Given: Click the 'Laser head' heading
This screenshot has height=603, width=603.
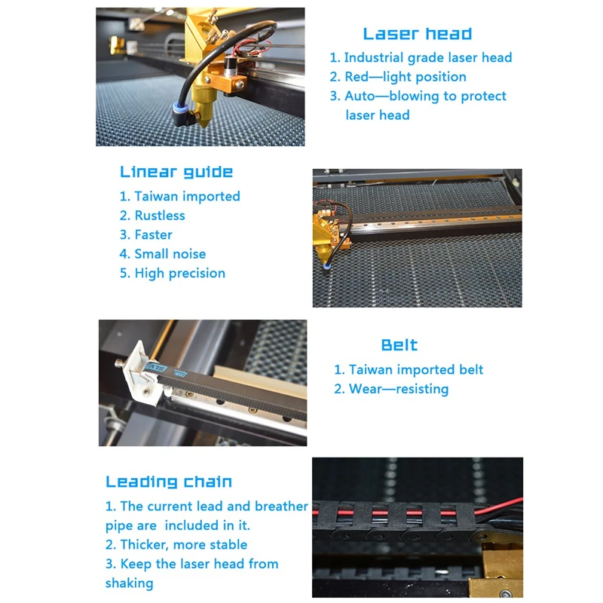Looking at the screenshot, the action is (418, 34).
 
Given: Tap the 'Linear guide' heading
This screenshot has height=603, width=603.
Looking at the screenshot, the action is (176, 172).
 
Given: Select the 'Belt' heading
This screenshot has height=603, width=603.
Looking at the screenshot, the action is (399, 345).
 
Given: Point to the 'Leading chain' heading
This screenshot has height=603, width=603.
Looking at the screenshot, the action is (169, 482).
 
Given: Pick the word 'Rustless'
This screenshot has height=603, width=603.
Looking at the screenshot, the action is (160, 216).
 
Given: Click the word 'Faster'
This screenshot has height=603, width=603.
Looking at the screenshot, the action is (154, 234).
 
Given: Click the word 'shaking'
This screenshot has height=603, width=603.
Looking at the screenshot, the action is (129, 583).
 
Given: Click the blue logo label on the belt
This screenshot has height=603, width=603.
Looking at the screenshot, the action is (156, 369).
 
